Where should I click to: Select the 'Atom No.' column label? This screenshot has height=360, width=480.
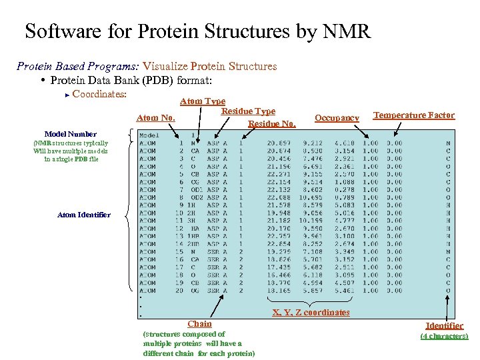pos(156,118)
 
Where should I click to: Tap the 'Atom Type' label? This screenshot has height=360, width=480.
pos(203,101)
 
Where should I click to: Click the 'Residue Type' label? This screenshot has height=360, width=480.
pos(248,111)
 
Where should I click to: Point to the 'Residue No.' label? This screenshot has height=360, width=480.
pos(271,123)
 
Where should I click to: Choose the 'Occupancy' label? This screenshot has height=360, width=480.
pos(337,118)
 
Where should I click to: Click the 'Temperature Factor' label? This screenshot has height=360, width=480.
pos(414,115)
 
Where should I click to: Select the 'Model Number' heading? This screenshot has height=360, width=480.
pos(70,134)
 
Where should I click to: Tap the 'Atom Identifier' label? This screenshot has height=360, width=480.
pos(84,215)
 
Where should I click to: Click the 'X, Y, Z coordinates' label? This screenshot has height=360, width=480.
pos(311,313)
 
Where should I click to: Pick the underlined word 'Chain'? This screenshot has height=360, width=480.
pos(199,324)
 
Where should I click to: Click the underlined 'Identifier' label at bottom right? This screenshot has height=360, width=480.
pos(445,325)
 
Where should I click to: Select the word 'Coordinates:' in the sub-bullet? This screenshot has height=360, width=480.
pos(99,94)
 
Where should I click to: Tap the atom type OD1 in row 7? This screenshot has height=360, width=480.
pos(196,189)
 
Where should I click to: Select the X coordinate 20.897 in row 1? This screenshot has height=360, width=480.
pos(279,143)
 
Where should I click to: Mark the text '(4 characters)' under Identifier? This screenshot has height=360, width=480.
pos(444,336)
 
